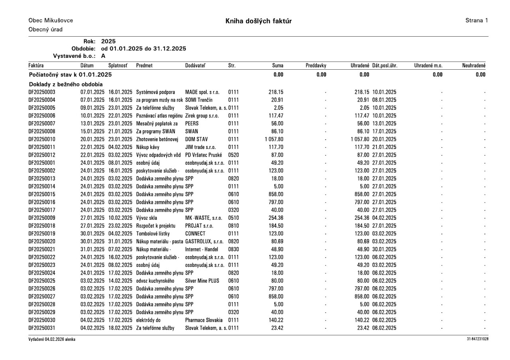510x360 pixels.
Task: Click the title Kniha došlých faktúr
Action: (258, 21)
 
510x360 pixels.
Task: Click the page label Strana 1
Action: (476, 20)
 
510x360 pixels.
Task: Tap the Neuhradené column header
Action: (474, 65)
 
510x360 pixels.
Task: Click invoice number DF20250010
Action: (42, 139)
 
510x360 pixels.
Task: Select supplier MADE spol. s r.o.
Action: (203, 92)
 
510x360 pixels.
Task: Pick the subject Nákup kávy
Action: (148, 147)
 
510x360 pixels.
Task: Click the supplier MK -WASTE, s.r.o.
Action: (204, 218)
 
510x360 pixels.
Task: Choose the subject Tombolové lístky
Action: (154, 234)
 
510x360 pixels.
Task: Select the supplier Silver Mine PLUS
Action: (202, 281)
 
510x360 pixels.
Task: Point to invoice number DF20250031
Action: (42, 328)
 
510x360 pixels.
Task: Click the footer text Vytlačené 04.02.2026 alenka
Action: (52, 339)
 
